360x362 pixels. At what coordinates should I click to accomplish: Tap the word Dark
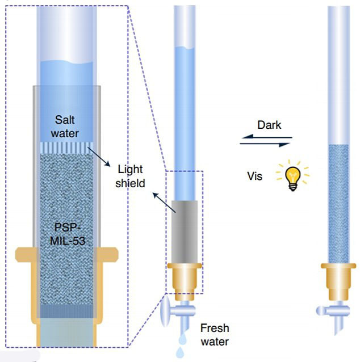click(269, 125)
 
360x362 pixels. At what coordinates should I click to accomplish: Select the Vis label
click(256, 176)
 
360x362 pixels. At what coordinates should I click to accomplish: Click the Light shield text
click(131, 176)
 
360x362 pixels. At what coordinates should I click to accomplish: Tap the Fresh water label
click(214, 335)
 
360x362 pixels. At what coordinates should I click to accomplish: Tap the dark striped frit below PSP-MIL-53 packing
click(67, 312)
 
